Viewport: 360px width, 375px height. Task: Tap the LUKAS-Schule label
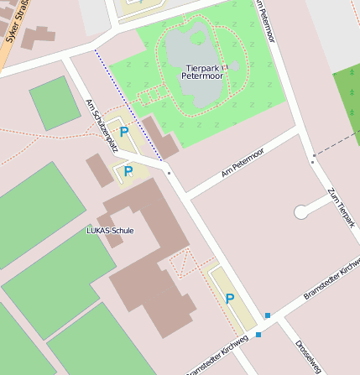(x=110, y=230)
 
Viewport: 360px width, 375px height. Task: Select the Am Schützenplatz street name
(x=101, y=120)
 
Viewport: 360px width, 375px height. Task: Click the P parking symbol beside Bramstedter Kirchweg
(x=229, y=299)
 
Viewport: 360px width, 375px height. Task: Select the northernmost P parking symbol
(x=124, y=132)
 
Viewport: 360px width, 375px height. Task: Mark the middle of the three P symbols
(x=128, y=171)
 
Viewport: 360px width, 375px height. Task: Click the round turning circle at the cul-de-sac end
(x=300, y=212)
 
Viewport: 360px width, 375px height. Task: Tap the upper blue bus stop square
(x=268, y=315)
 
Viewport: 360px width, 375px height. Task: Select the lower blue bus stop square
(x=258, y=335)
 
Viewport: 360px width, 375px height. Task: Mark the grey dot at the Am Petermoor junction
(x=169, y=174)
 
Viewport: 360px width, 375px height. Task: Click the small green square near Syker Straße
(x=55, y=102)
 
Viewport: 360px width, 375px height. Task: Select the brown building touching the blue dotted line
(x=159, y=138)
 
